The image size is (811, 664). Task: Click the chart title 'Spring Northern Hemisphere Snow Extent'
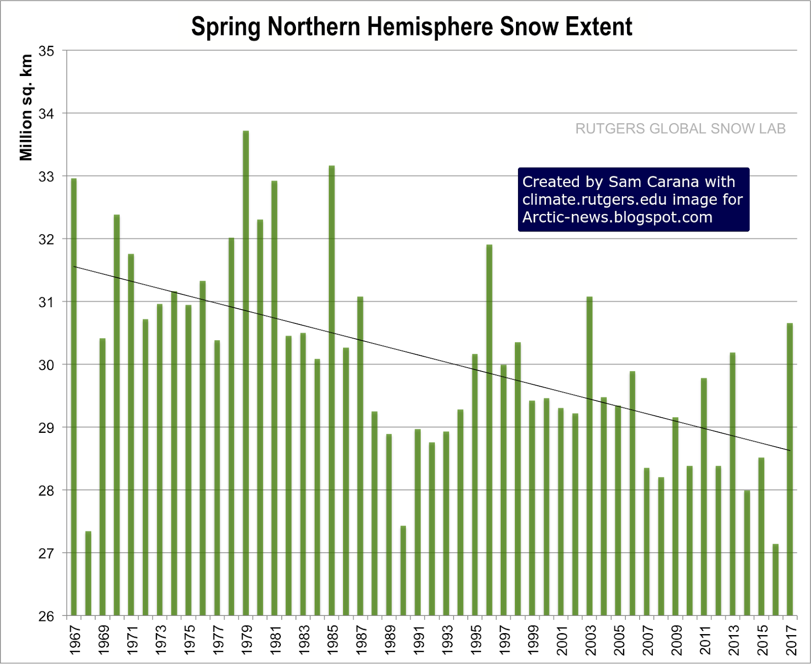412,26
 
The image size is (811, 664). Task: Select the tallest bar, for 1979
246,373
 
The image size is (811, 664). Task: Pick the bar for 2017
790,469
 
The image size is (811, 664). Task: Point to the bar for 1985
332,390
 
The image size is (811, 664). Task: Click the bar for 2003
589,456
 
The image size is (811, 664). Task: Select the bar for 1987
360,456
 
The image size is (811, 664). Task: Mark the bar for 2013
732,484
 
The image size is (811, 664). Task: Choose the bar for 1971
131,434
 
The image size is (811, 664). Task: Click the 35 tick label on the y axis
46,51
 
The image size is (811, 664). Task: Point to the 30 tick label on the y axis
46,365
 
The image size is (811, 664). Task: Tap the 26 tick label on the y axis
46,616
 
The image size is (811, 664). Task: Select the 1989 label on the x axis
390,640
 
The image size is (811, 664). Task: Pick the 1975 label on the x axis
189,640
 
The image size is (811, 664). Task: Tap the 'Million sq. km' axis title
26,107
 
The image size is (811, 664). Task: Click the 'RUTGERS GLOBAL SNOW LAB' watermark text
680,129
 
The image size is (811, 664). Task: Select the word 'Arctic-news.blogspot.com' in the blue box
617,217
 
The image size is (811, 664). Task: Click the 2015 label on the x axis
762,640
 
